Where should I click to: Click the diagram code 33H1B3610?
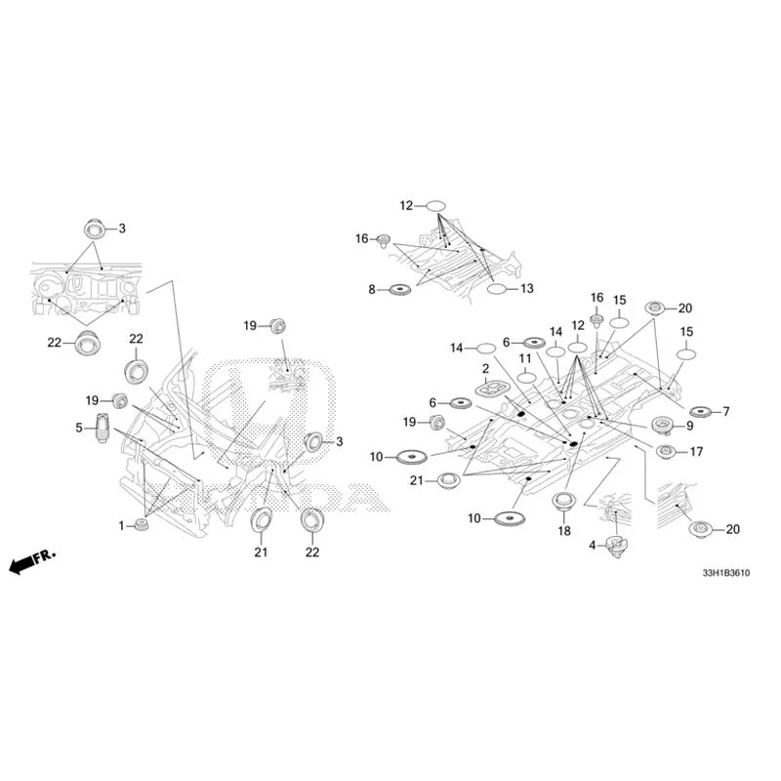[725, 573]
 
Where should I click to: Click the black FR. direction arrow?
[32, 562]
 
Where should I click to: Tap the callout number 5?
[79, 428]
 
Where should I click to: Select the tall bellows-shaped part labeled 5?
[102, 428]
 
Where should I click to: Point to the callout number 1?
[121, 525]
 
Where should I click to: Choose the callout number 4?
[593, 546]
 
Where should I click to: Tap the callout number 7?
[726, 411]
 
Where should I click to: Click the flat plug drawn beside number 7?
[703, 411]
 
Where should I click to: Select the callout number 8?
[372, 289]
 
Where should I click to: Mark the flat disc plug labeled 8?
[399, 289]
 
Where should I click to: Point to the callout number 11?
[525, 358]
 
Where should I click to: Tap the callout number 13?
[527, 288]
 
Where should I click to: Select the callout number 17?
[696, 451]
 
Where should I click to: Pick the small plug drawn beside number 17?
[667, 452]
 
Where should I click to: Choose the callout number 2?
[485, 369]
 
